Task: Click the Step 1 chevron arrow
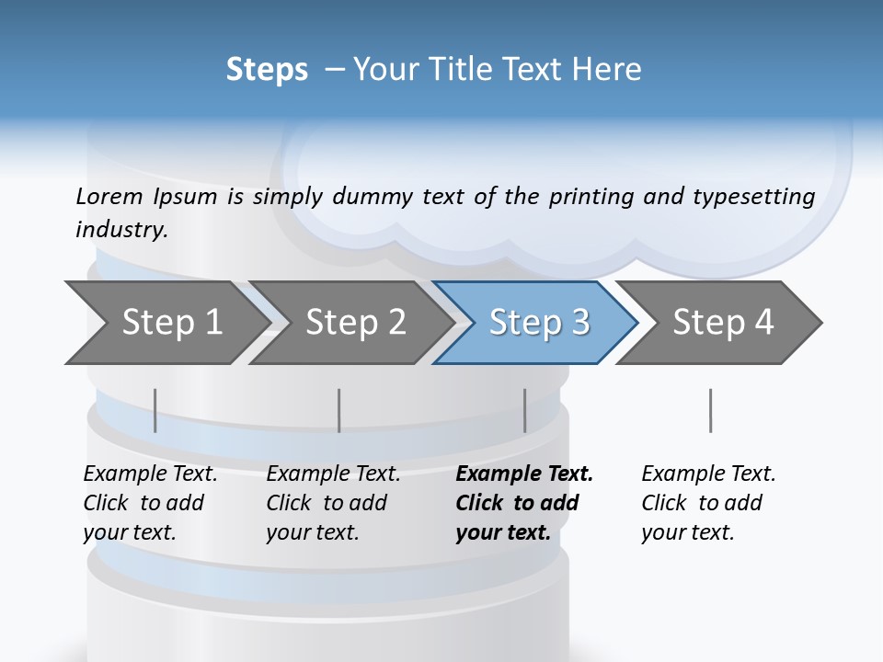171,323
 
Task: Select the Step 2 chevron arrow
355,323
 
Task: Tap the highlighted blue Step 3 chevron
538,323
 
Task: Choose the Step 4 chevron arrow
722,323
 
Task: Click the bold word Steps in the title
267,70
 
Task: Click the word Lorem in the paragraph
109,196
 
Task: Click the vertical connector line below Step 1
155,410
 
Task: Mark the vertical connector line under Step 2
338,410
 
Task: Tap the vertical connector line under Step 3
524,410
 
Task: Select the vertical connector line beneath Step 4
710,410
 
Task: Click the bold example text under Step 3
524,503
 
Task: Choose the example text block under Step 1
150,503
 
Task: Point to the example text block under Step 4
708,503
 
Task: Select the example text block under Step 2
333,503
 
